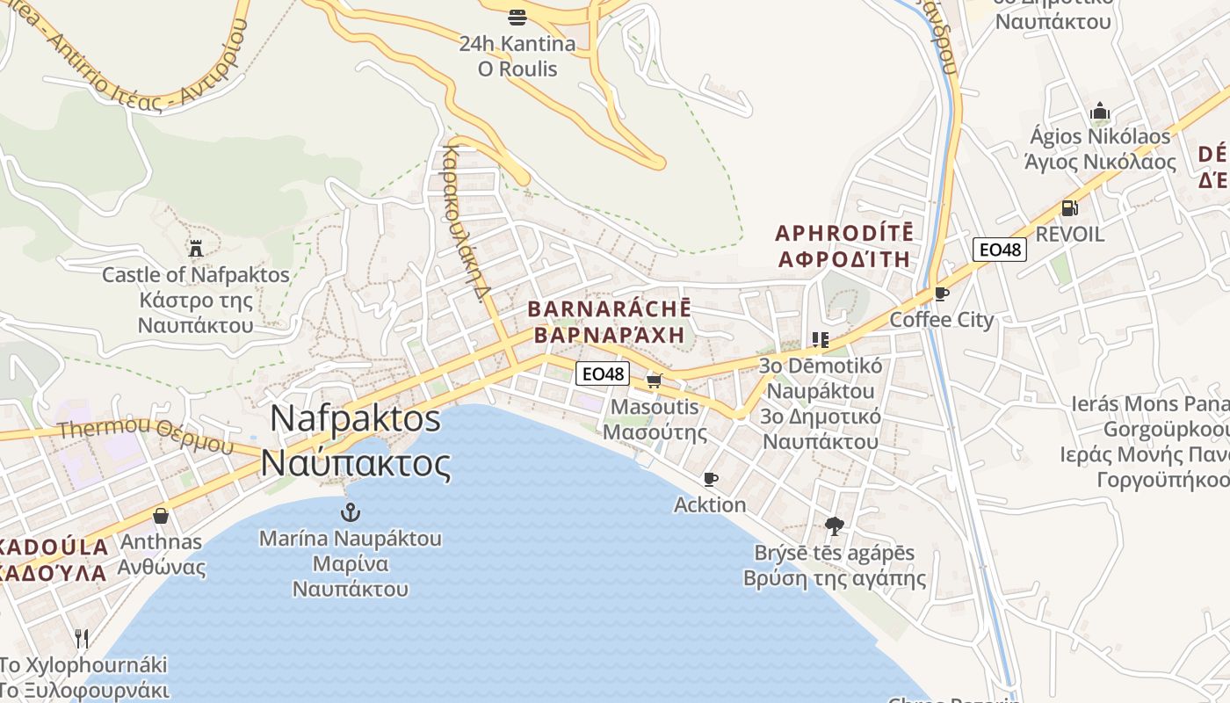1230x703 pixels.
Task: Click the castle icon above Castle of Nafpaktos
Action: point(195,248)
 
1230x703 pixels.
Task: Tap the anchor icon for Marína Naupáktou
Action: point(351,511)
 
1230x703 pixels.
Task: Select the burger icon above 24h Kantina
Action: point(517,17)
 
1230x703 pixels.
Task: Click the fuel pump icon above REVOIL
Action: point(1069,208)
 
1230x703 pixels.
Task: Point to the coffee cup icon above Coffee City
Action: point(942,294)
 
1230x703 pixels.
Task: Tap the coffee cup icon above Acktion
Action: point(711,479)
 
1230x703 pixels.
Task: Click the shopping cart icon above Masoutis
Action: point(654,380)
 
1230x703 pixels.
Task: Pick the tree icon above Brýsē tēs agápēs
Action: point(835,526)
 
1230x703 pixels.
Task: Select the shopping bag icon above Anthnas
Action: point(160,515)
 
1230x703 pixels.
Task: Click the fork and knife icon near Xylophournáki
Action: point(82,638)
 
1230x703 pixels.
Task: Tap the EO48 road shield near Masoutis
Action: point(603,373)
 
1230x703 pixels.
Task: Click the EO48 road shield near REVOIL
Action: point(1000,250)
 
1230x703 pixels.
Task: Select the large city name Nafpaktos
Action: point(355,418)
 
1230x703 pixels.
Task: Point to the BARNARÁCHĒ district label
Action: point(609,309)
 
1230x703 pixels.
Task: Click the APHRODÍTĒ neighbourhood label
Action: point(844,234)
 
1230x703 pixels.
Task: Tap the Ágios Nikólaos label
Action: point(1100,137)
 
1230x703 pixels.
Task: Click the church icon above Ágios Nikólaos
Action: point(1099,112)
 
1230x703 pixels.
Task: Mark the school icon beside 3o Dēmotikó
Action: point(821,339)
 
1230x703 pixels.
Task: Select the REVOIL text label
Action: point(1069,235)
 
